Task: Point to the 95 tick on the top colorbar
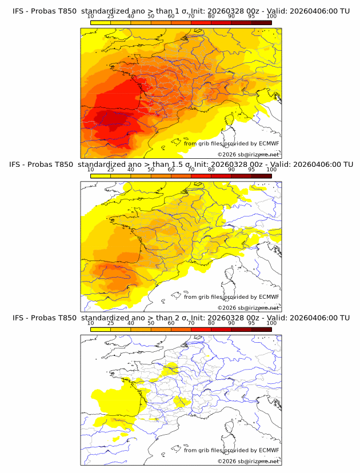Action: coord(251,17)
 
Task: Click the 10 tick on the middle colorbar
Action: coord(91,170)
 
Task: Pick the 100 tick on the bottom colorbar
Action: coord(271,323)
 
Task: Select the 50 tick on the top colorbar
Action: coord(151,17)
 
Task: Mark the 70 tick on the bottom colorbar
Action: coord(191,323)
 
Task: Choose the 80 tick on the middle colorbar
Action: coord(211,170)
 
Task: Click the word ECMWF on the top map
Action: coord(269,143)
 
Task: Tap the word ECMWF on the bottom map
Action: coord(269,450)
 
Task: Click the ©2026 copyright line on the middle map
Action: coord(248,307)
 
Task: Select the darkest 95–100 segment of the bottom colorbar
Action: coord(261,328)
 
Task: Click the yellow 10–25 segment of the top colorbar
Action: coord(101,22)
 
